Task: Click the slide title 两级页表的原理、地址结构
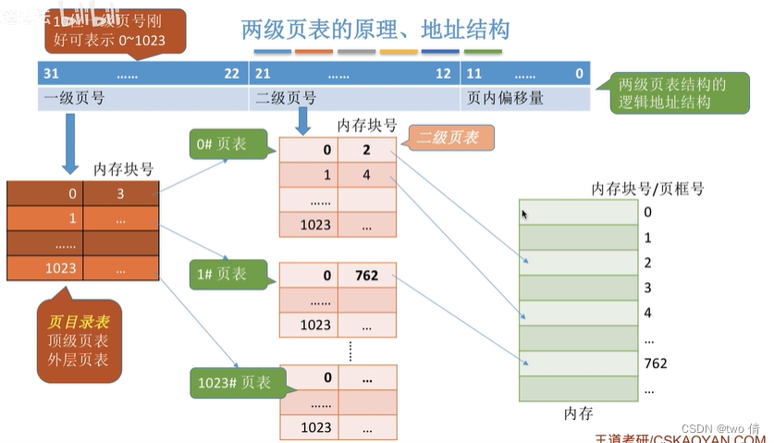[x=375, y=31]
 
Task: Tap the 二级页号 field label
[x=284, y=97]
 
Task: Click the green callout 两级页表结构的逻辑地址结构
[x=672, y=93]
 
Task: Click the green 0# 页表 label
[x=221, y=144]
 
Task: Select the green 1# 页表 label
[x=221, y=274]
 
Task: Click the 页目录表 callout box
[x=78, y=339]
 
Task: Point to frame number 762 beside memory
[x=655, y=363]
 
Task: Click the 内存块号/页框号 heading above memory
[x=647, y=189]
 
